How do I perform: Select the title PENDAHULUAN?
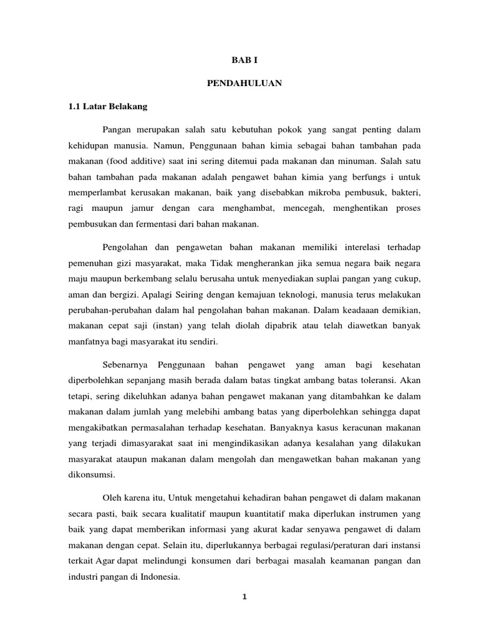[x=244, y=83]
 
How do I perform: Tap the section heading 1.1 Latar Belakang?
[x=107, y=106]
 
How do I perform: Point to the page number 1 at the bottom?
[x=245, y=597]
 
